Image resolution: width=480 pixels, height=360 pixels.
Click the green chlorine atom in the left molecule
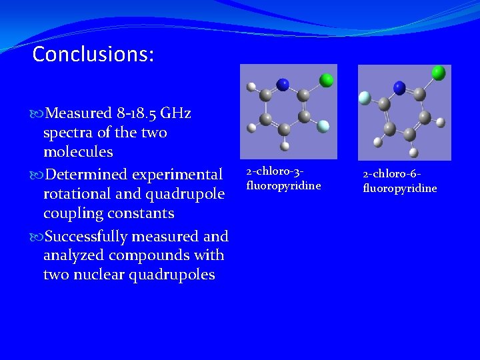[x=327, y=80]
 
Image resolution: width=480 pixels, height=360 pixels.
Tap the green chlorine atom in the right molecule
[x=438, y=72]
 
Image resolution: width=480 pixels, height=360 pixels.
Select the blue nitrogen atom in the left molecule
[x=283, y=84]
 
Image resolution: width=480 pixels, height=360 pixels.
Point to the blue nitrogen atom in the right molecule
[x=399, y=87]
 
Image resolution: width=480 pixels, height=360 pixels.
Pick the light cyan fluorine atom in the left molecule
[x=323, y=125]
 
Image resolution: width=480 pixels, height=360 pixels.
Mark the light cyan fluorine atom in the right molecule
[x=365, y=97]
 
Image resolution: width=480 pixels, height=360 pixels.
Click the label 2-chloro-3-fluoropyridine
[x=283, y=179]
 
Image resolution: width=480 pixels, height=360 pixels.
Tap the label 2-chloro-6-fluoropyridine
[x=400, y=181]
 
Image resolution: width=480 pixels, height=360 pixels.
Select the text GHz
[x=176, y=113]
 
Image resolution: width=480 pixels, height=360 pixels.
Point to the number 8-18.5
[x=133, y=113]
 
